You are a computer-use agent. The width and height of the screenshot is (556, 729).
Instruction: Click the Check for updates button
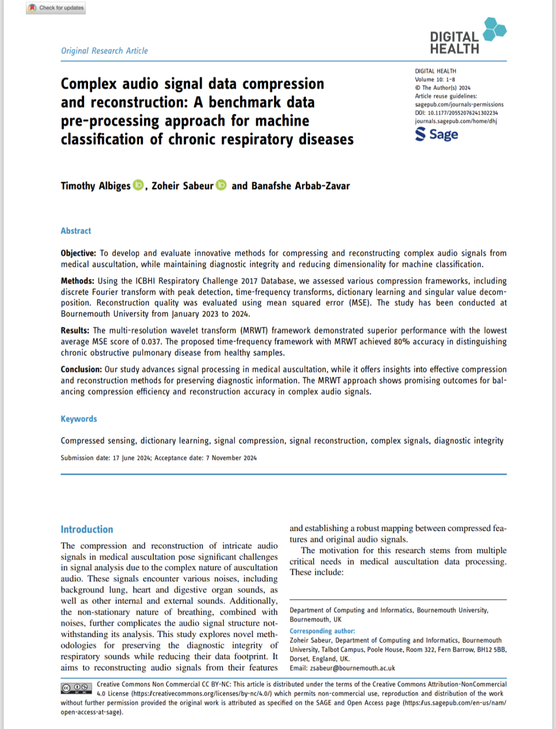pos(57,8)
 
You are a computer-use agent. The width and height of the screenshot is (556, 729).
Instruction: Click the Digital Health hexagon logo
pos(494,29)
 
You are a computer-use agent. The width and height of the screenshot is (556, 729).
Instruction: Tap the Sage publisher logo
pos(437,134)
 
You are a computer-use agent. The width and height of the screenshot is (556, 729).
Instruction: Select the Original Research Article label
pos(105,50)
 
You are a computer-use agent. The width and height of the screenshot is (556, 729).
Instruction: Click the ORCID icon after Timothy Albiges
pos(138,185)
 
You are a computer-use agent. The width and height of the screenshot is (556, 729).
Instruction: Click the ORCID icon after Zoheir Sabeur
pos(221,185)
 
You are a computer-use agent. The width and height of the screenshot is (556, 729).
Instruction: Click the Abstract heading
pos(76,231)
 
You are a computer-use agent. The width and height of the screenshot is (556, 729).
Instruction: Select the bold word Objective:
pos(78,253)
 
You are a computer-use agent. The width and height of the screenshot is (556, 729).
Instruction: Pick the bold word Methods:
pos(77,281)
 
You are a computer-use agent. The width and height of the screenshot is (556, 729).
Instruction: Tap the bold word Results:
pos(75,330)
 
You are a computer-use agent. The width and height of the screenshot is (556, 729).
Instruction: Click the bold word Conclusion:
pos(81,369)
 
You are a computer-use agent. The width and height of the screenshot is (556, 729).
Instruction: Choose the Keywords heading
pos(79,419)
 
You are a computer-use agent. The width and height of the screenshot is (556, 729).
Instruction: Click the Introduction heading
pos(86,529)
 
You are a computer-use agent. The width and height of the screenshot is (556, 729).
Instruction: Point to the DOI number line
pos(456,113)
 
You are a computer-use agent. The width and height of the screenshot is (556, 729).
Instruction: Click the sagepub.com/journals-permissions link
pos(459,104)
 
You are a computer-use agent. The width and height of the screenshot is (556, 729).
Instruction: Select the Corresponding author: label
pos(322,631)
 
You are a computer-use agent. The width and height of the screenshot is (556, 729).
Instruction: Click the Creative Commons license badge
pos(77,688)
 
